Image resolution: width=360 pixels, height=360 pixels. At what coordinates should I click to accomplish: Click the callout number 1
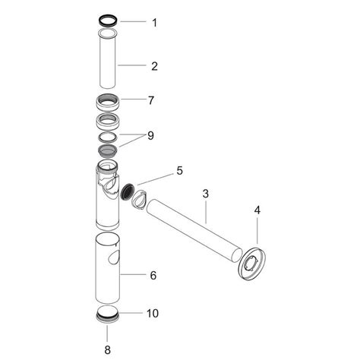coord(154,22)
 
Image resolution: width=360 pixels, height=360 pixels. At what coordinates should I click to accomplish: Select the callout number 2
coord(154,66)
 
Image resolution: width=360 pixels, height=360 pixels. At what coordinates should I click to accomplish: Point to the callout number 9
coord(151,136)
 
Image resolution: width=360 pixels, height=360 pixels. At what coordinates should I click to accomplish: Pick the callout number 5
coord(179,171)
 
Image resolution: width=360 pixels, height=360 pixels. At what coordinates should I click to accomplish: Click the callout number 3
coord(204,194)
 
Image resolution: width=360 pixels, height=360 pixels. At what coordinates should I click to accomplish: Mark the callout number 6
coord(153,274)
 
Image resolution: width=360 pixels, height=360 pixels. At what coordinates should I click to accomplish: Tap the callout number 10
coord(153,313)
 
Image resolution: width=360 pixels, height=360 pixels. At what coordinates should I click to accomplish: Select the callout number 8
coord(107,349)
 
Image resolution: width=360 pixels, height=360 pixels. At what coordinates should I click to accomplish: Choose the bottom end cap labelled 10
coord(107,314)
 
